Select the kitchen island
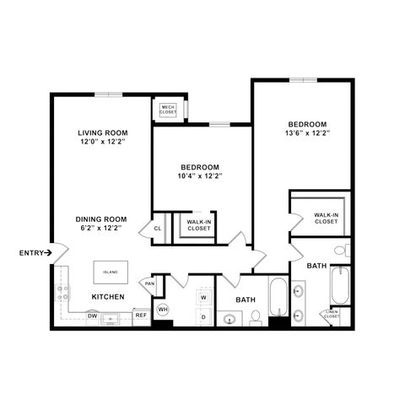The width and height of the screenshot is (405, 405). coord(111,273)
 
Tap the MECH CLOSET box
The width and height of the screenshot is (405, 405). coord(167,109)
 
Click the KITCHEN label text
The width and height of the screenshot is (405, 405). coord(109,297)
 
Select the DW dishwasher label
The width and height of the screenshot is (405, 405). coord(92,316)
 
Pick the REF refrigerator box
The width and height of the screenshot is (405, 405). coord(141,316)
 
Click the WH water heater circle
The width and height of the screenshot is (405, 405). coord(164,308)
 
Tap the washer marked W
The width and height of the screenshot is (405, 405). coord(202,298)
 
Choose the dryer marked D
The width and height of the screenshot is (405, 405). coord(202,316)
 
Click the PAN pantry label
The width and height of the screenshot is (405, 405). coord(149,283)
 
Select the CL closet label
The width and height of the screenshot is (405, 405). coord(158,228)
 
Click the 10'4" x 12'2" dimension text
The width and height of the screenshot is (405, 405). coord(199,176)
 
